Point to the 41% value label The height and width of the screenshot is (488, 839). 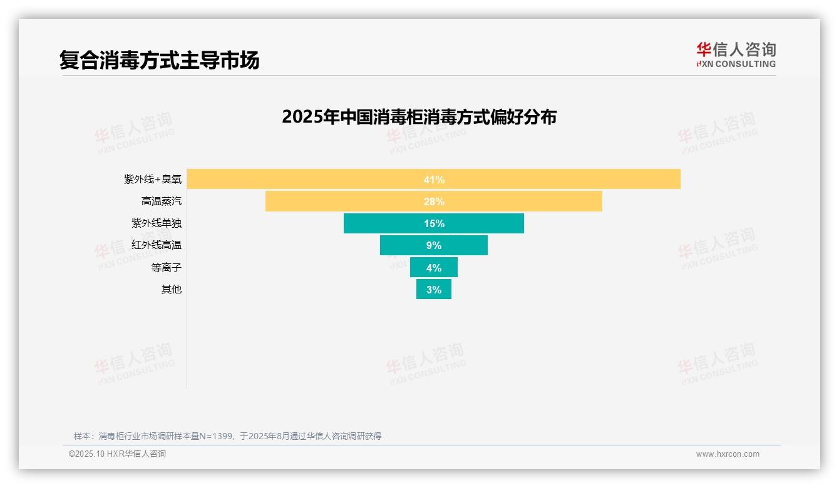click(x=434, y=180)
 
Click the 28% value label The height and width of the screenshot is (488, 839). click(x=434, y=201)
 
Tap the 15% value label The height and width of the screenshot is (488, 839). click(x=434, y=223)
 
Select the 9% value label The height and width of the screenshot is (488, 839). click(x=434, y=245)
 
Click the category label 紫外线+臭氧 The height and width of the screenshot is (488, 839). click(x=153, y=180)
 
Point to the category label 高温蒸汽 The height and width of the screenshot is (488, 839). click(x=162, y=201)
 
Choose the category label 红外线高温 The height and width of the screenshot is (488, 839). click(x=157, y=245)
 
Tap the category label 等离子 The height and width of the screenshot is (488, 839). click(x=166, y=267)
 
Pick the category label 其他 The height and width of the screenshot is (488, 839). click(x=171, y=289)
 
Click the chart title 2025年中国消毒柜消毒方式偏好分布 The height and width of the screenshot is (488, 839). click(x=419, y=117)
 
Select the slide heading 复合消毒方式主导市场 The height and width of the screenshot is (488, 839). click(x=159, y=60)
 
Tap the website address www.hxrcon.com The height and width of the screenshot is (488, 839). click(x=728, y=454)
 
